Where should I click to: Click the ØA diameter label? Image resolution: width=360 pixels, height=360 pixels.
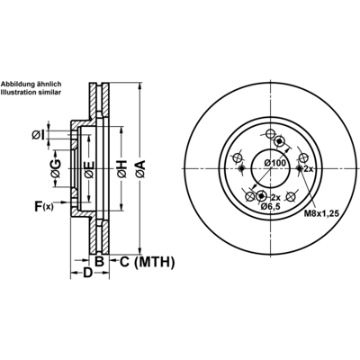tap(140, 169)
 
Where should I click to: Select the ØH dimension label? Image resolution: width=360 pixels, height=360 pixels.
tap(121, 169)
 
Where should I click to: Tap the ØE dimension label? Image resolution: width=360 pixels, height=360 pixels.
tap(89, 169)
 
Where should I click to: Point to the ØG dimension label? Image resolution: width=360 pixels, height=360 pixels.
tap(56, 168)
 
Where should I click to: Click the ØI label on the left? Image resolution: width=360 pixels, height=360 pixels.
tap(38, 135)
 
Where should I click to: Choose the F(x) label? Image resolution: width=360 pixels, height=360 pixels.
tap(44, 206)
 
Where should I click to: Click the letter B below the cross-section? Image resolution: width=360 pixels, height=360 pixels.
tap(99, 262)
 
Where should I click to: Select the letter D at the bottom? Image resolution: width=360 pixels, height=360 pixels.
tap(87, 273)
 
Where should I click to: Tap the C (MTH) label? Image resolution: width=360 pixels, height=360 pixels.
tap(147, 262)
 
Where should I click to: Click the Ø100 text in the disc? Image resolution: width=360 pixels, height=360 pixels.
tap(274, 163)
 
